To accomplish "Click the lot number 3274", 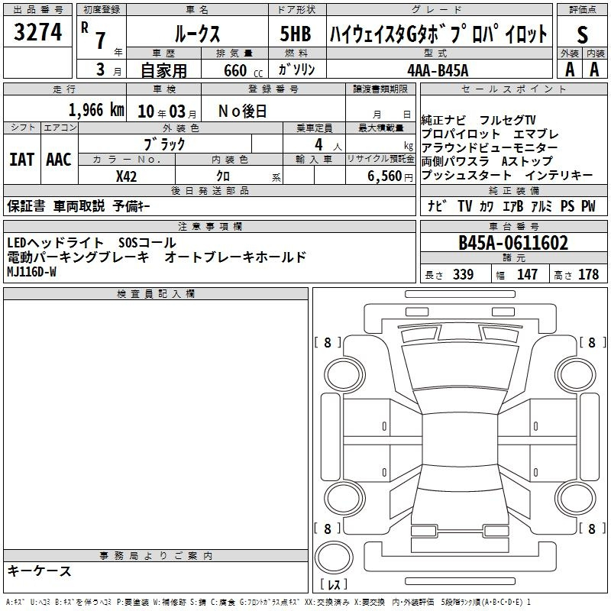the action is point(37,32).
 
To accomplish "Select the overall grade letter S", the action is point(582,34).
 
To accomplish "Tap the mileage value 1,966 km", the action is point(96,110).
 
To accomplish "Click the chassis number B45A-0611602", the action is point(513,243).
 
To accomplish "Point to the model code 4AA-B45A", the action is point(438,70).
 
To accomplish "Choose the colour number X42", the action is point(126,176).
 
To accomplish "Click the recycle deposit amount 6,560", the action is point(385,176).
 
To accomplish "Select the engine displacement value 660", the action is point(235,70).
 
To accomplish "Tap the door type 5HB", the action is point(296,34).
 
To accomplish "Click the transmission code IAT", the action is point(22,160).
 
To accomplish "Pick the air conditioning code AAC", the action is point(59,160).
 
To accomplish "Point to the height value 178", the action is point(588,274).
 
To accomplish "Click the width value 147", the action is point(527,274).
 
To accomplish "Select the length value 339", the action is point(464,274).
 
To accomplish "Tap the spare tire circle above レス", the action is point(334,558).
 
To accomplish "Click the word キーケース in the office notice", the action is point(40,571).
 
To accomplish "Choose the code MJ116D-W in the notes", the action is point(31,272).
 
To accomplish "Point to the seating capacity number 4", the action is point(318,144).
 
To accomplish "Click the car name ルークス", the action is point(197,34).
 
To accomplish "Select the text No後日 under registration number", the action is point(242,112).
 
